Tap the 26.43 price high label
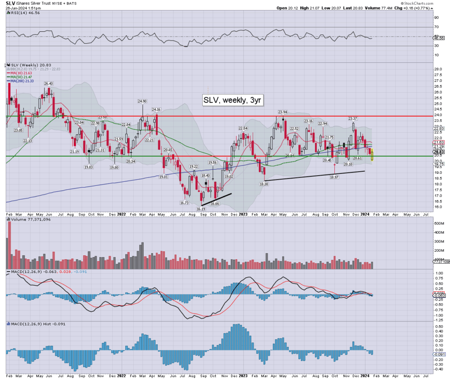tap(48, 83)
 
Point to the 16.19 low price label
tap(201, 209)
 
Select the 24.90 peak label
tap(142, 101)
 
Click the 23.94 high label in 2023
tap(282, 112)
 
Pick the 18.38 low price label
tap(264, 184)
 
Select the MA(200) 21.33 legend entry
tap(23, 81)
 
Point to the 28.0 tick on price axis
tap(438, 70)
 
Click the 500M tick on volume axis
tap(439, 224)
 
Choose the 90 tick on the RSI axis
tap(436, 18)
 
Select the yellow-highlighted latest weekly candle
tap(373, 155)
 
